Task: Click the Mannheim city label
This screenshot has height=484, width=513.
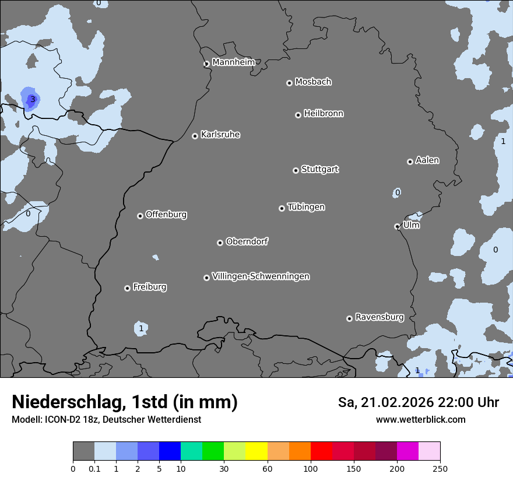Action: [233, 62]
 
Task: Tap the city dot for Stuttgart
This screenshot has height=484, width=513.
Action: [296, 170]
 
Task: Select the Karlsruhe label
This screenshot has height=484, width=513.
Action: [220, 135]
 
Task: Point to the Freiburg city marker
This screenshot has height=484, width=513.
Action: [127, 288]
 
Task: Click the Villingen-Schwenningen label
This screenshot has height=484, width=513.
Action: [261, 276]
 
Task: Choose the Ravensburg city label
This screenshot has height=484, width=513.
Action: [380, 317]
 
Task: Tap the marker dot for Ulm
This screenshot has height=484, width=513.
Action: [397, 226]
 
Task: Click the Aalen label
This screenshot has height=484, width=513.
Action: [427, 160]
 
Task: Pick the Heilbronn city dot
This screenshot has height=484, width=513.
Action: [298, 115]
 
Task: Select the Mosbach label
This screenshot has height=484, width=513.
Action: [313, 82]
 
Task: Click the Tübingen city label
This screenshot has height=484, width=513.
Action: [306, 207]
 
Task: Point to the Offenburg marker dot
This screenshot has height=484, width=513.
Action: [140, 216]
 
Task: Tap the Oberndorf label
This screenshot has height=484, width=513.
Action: [247, 241]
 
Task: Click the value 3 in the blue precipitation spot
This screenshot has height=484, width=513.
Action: [33, 99]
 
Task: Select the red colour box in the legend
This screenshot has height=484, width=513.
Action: [321, 451]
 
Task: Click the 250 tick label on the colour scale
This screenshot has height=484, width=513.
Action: [440, 468]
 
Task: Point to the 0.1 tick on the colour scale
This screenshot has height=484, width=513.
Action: [94, 468]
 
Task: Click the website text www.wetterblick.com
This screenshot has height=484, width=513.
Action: [420, 419]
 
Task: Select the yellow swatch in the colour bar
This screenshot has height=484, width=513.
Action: [256, 451]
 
